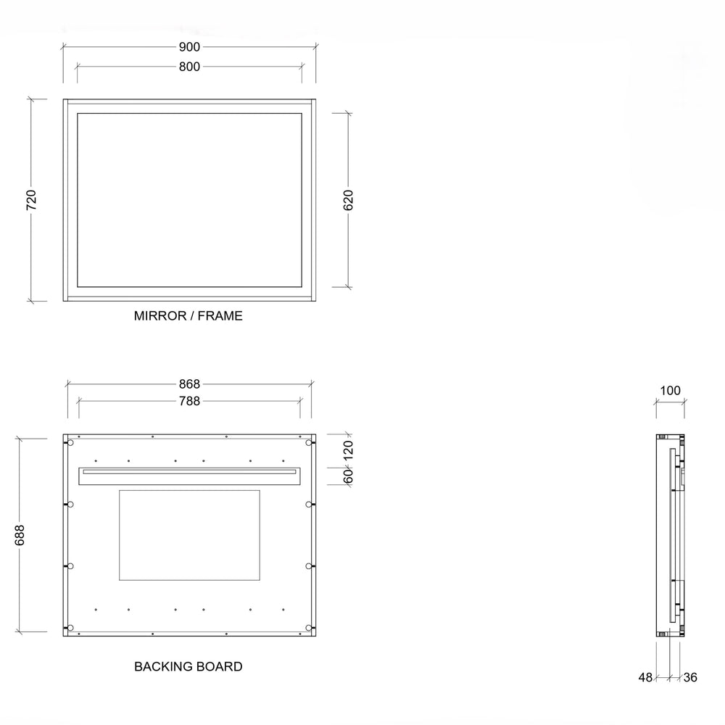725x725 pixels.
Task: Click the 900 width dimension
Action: click(189, 47)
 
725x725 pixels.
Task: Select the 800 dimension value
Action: click(189, 67)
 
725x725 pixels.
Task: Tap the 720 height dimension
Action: click(30, 199)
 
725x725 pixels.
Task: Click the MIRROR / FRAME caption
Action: click(188, 316)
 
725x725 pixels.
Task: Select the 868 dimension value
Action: click(189, 384)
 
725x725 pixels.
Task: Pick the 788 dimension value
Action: click(189, 400)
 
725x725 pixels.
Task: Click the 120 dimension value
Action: click(347, 449)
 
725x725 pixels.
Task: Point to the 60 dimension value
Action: click(347, 476)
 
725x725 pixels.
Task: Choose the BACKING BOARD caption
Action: click(188, 666)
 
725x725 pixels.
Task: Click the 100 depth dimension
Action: click(671, 391)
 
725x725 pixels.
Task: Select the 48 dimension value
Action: click(645, 677)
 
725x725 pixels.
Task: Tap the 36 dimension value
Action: click(690, 677)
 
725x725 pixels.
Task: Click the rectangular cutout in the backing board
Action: click(189, 535)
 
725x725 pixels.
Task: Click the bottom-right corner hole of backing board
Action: click(309, 627)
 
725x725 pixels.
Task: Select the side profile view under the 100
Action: click(671, 535)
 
